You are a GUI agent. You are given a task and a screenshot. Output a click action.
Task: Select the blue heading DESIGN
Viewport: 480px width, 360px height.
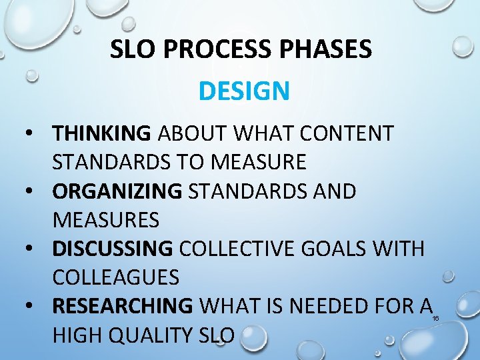(x=244, y=91)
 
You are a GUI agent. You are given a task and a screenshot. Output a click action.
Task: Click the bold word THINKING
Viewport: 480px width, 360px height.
(x=102, y=133)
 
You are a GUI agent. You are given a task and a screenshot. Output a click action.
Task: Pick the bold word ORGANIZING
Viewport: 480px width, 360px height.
(x=117, y=191)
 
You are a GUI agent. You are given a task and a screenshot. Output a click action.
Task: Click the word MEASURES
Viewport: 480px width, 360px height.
(x=106, y=219)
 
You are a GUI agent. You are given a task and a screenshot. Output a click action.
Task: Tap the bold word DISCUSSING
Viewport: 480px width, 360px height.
(x=113, y=249)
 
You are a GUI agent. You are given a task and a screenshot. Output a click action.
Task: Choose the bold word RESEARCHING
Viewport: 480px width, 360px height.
(x=122, y=307)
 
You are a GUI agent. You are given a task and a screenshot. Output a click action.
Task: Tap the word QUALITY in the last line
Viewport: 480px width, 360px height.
(x=153, y=335)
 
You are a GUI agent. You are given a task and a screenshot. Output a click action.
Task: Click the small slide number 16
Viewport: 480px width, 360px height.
(x=435, y=319)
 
